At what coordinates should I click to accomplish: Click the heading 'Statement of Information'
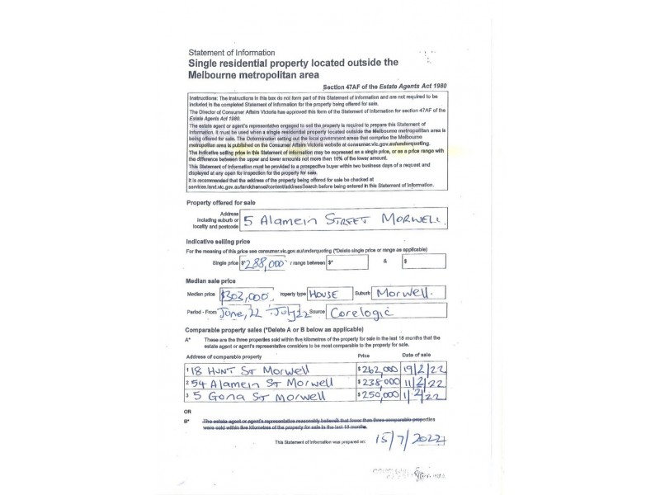pyautogui.click(x=232, y=53)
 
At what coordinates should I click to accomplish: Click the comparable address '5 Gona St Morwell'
pyautogui.click(x=252, y=396)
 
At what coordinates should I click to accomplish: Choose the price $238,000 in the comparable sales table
pyautogui.click(x=379, y=383)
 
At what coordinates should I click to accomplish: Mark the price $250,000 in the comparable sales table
pyautogui.click(x=379, y=396)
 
